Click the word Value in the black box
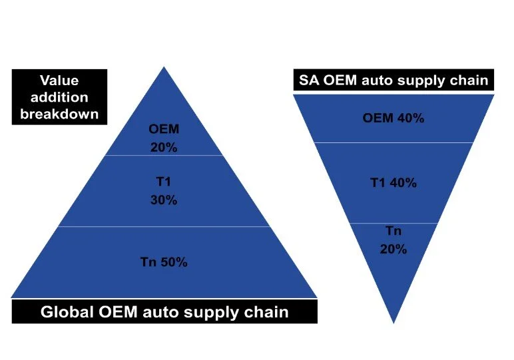point(59,81)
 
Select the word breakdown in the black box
point(59,114)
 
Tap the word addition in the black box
point(59,98)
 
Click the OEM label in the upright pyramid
point(163,129)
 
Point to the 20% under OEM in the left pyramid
point(163,148)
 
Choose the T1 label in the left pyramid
point(163,180)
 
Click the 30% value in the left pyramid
point(163,200)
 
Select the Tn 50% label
point(164,262)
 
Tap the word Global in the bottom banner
point(66,311)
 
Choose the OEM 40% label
point(393,118)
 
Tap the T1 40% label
point(393,183)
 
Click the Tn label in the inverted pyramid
point(393,231)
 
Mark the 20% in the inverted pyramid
point(393,250)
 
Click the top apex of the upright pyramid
point(164,68)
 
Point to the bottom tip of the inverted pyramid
point(393,322)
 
